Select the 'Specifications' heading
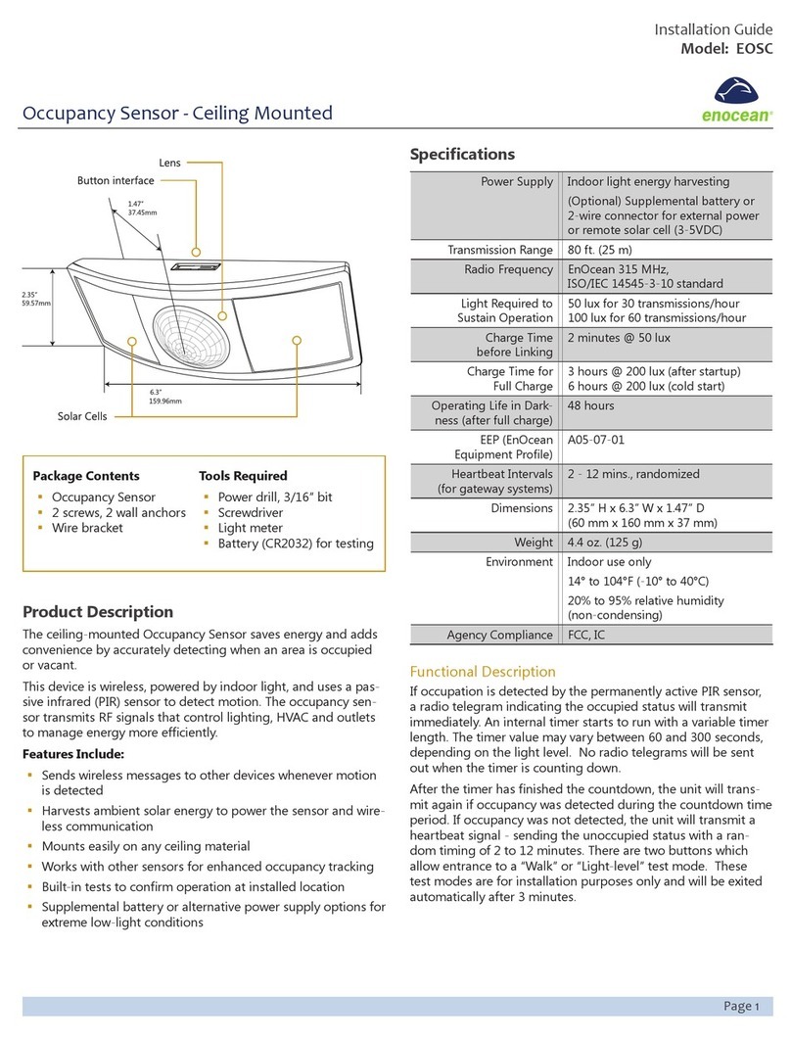point(461,154)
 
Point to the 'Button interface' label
point(116,180)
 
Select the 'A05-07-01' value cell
point(596,440)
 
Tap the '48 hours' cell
point(590,405)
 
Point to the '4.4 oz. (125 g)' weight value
point(605,542)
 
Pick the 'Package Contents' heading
point(86,476)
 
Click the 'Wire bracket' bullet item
point(87,528)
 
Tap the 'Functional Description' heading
point(482,672)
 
